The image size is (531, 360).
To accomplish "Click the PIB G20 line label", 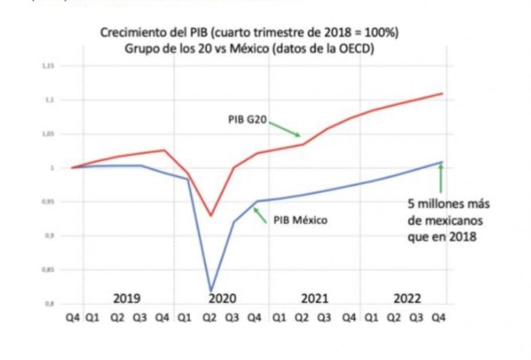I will tap(247, 120).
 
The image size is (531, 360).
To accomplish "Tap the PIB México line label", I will tap(300, 221).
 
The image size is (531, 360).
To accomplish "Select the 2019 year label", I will tap(127, 298).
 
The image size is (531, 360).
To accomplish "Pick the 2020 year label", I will tap(222, 298).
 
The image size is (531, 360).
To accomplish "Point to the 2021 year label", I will tap(315, 298).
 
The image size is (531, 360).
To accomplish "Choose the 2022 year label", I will tap(407, 298).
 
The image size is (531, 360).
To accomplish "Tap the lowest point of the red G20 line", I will tap(211, 216).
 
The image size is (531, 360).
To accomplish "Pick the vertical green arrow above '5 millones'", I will tap(441, 178).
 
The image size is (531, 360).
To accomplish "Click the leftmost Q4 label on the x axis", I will tap(73, 318).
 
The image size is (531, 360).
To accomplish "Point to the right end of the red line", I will tap(443, 93).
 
